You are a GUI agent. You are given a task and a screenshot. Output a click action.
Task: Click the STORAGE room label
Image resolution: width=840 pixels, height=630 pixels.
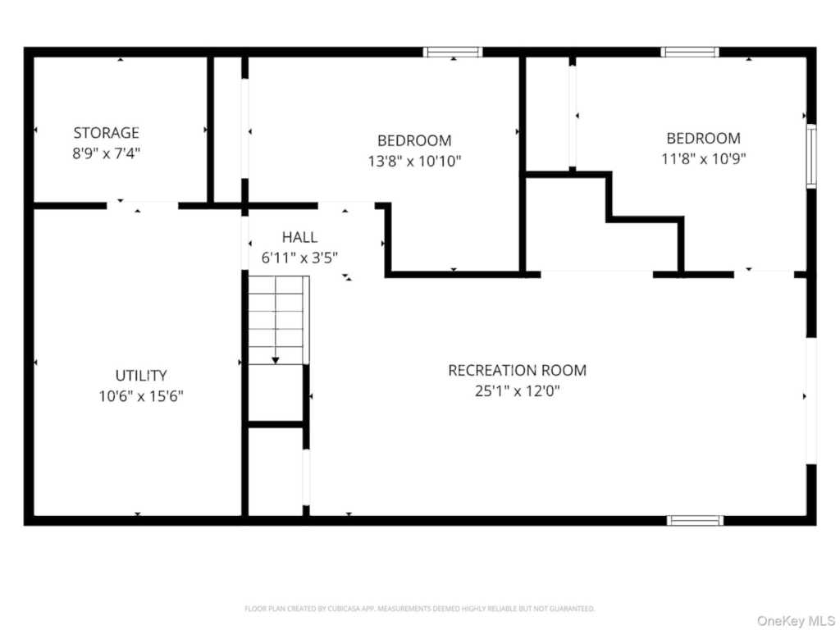tap(106, 133)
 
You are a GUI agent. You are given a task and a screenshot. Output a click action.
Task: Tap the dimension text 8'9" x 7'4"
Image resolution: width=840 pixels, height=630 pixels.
tap(106, 153)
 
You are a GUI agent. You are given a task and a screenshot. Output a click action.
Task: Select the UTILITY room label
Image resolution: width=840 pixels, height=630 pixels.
tap(141, 376)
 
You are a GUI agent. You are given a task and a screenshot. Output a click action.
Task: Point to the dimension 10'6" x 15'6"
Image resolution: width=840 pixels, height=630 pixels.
tap(141, 396)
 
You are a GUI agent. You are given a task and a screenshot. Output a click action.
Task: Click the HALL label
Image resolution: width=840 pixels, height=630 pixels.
tap(299, 237)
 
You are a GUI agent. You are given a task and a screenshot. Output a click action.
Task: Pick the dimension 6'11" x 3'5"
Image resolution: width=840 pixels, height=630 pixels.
tap(299, 258)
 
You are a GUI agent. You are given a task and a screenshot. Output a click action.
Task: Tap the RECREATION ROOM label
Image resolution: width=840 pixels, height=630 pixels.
tap(517, 370)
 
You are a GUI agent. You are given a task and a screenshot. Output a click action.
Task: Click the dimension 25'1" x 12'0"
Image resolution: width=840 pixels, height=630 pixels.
tap(517, 391)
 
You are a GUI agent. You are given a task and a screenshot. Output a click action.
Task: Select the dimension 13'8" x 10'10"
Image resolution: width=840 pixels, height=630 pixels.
tap(414, 161)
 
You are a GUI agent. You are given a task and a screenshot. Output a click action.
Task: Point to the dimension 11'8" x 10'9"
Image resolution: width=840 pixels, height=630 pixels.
tap(703, 158)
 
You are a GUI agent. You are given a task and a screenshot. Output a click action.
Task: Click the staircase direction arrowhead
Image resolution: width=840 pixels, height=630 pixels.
tap(276, 361)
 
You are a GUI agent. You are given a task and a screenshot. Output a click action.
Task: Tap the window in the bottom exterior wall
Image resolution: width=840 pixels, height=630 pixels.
tap(695, 520)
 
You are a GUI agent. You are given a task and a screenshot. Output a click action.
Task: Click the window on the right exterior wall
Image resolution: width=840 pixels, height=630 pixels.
tap(811, 156)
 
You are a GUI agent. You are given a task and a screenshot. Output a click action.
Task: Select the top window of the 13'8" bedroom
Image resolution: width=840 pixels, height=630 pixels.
tap(453, 52)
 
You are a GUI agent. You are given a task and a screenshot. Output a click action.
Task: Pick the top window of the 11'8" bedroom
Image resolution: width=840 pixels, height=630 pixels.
tap(689, 52)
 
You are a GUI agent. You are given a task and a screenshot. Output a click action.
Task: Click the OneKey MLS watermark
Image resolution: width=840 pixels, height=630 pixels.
tap(795, 621)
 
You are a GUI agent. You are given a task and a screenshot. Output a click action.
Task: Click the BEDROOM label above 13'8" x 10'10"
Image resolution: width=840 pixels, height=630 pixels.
tap(414, 140)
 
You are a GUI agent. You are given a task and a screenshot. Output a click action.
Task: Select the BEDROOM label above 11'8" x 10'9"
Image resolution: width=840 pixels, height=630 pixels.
tap(703, 138)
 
